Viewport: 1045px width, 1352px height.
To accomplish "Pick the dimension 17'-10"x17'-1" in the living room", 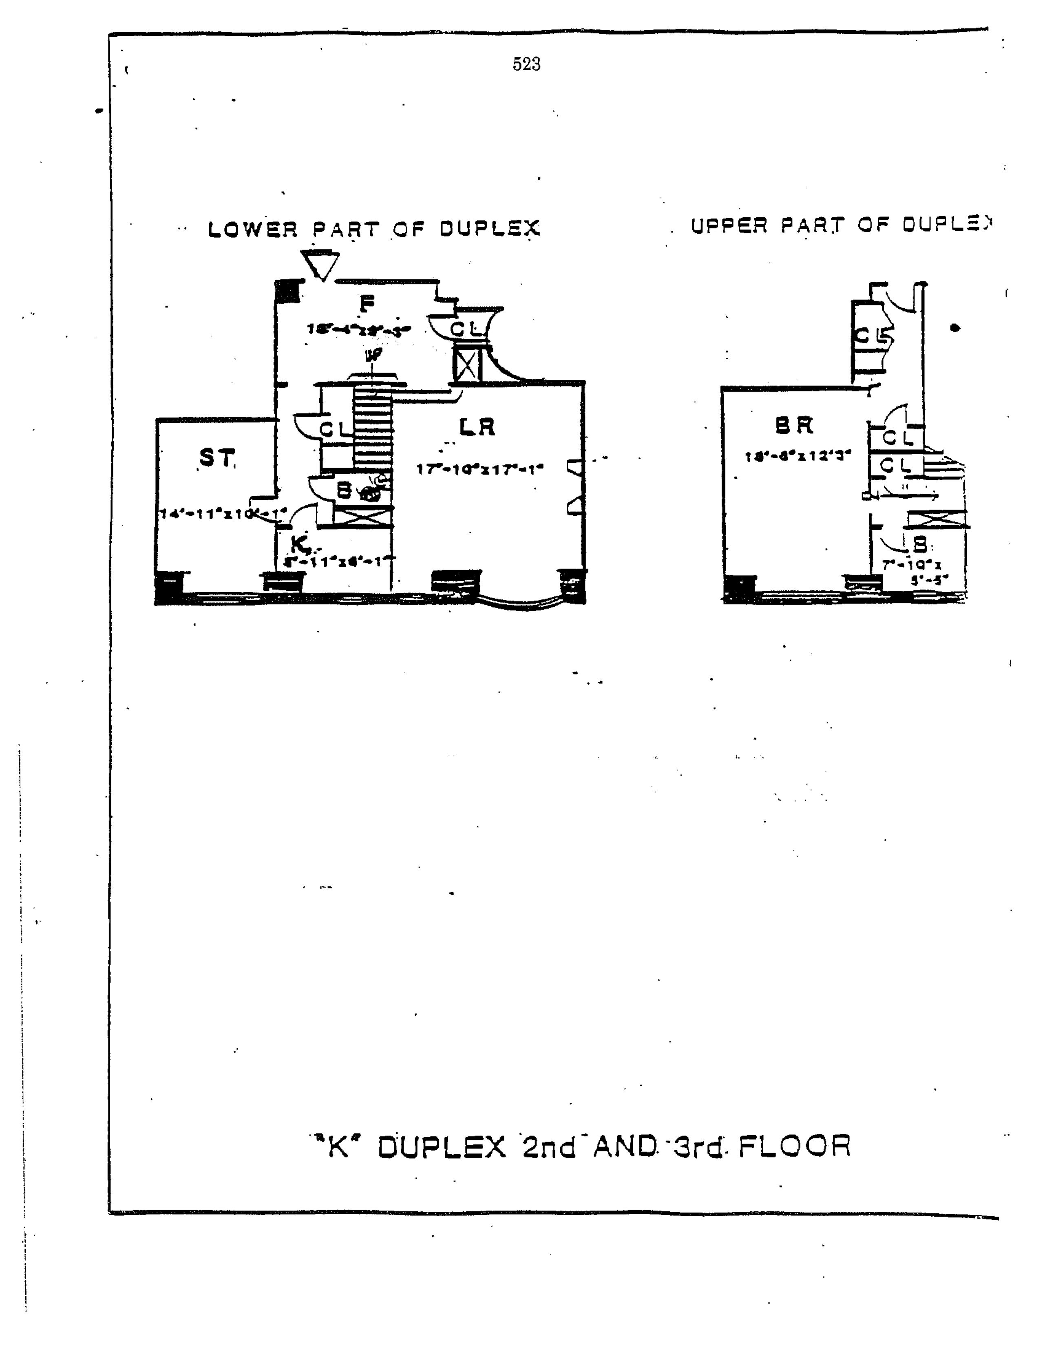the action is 480,469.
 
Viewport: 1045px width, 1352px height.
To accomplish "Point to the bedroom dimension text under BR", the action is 798,456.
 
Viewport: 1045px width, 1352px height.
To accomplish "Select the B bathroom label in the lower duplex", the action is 344,490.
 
